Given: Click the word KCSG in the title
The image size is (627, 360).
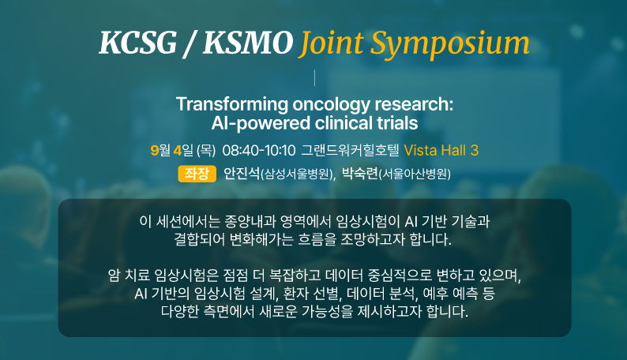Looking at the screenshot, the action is point(137,42).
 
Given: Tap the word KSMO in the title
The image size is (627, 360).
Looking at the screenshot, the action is point(248,42).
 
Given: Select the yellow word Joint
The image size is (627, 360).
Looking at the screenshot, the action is point(331,43).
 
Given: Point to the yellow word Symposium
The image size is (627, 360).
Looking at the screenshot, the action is point(450,44).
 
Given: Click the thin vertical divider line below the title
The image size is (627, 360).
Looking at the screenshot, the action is point(315,77).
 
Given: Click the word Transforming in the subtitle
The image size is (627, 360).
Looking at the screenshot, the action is point(232,105).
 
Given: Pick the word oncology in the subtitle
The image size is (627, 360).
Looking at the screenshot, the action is point(332,105).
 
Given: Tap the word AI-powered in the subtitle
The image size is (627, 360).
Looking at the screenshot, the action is point(261,123).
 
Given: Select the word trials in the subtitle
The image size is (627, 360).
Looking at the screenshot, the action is point(397,123).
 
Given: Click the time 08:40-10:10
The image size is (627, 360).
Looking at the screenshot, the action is point(259,151).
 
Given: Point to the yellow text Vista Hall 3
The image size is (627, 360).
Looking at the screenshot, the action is point(441,151).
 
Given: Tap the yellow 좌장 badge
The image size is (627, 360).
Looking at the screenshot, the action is point(197,174).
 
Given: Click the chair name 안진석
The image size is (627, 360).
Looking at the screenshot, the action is point(242,174).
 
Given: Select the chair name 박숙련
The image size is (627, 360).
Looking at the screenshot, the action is point(360,174).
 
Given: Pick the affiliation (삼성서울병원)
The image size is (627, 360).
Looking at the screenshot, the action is point(296,174).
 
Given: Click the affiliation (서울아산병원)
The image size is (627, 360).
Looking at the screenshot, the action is point(415,174).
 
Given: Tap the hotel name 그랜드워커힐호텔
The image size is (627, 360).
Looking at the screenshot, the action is point(351,151).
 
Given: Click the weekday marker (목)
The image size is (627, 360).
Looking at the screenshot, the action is point(206,151).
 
